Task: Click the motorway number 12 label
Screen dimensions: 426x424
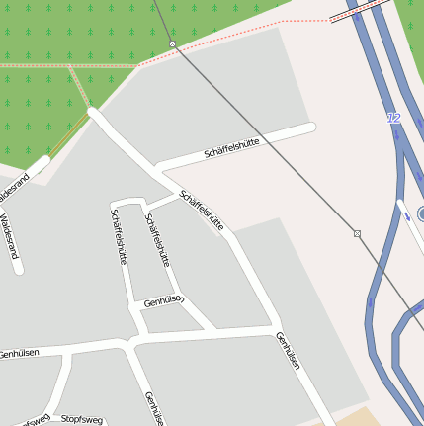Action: pyautogui.click(x=395, y=118)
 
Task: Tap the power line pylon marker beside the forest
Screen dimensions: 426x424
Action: pyautogui.click(x=172, y=44)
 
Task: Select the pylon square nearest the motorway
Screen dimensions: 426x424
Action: pyautogui.click(x=357, y=234)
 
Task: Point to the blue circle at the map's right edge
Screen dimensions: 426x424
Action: pyautogui.click(x=421, y=213)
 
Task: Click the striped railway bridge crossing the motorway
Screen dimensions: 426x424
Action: pyautogui.click(x=358, y=12)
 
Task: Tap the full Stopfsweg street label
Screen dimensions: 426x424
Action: pyautogui.click(x=81, y=420)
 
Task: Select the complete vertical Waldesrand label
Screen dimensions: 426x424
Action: pyautogui.click(x=10, y=236)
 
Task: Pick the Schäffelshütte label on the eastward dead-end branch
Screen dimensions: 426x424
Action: pyautogui.click(x=231, y=149)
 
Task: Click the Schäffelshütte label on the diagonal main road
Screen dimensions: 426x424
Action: pyautogui.click(x=202, y=211)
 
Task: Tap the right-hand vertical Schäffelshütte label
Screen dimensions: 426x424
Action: pyautogui.click(x=157, y=240)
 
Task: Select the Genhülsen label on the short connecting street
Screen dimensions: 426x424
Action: pyautogui.click(x=164, y=301)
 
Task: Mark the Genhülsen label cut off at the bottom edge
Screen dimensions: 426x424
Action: pyautogui.click(x=154, y=408)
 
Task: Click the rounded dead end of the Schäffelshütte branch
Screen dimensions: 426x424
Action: pyautogui.click(x=310, y=128)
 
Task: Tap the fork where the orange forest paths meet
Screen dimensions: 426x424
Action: pyautogui.click(x=72, y=67)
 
